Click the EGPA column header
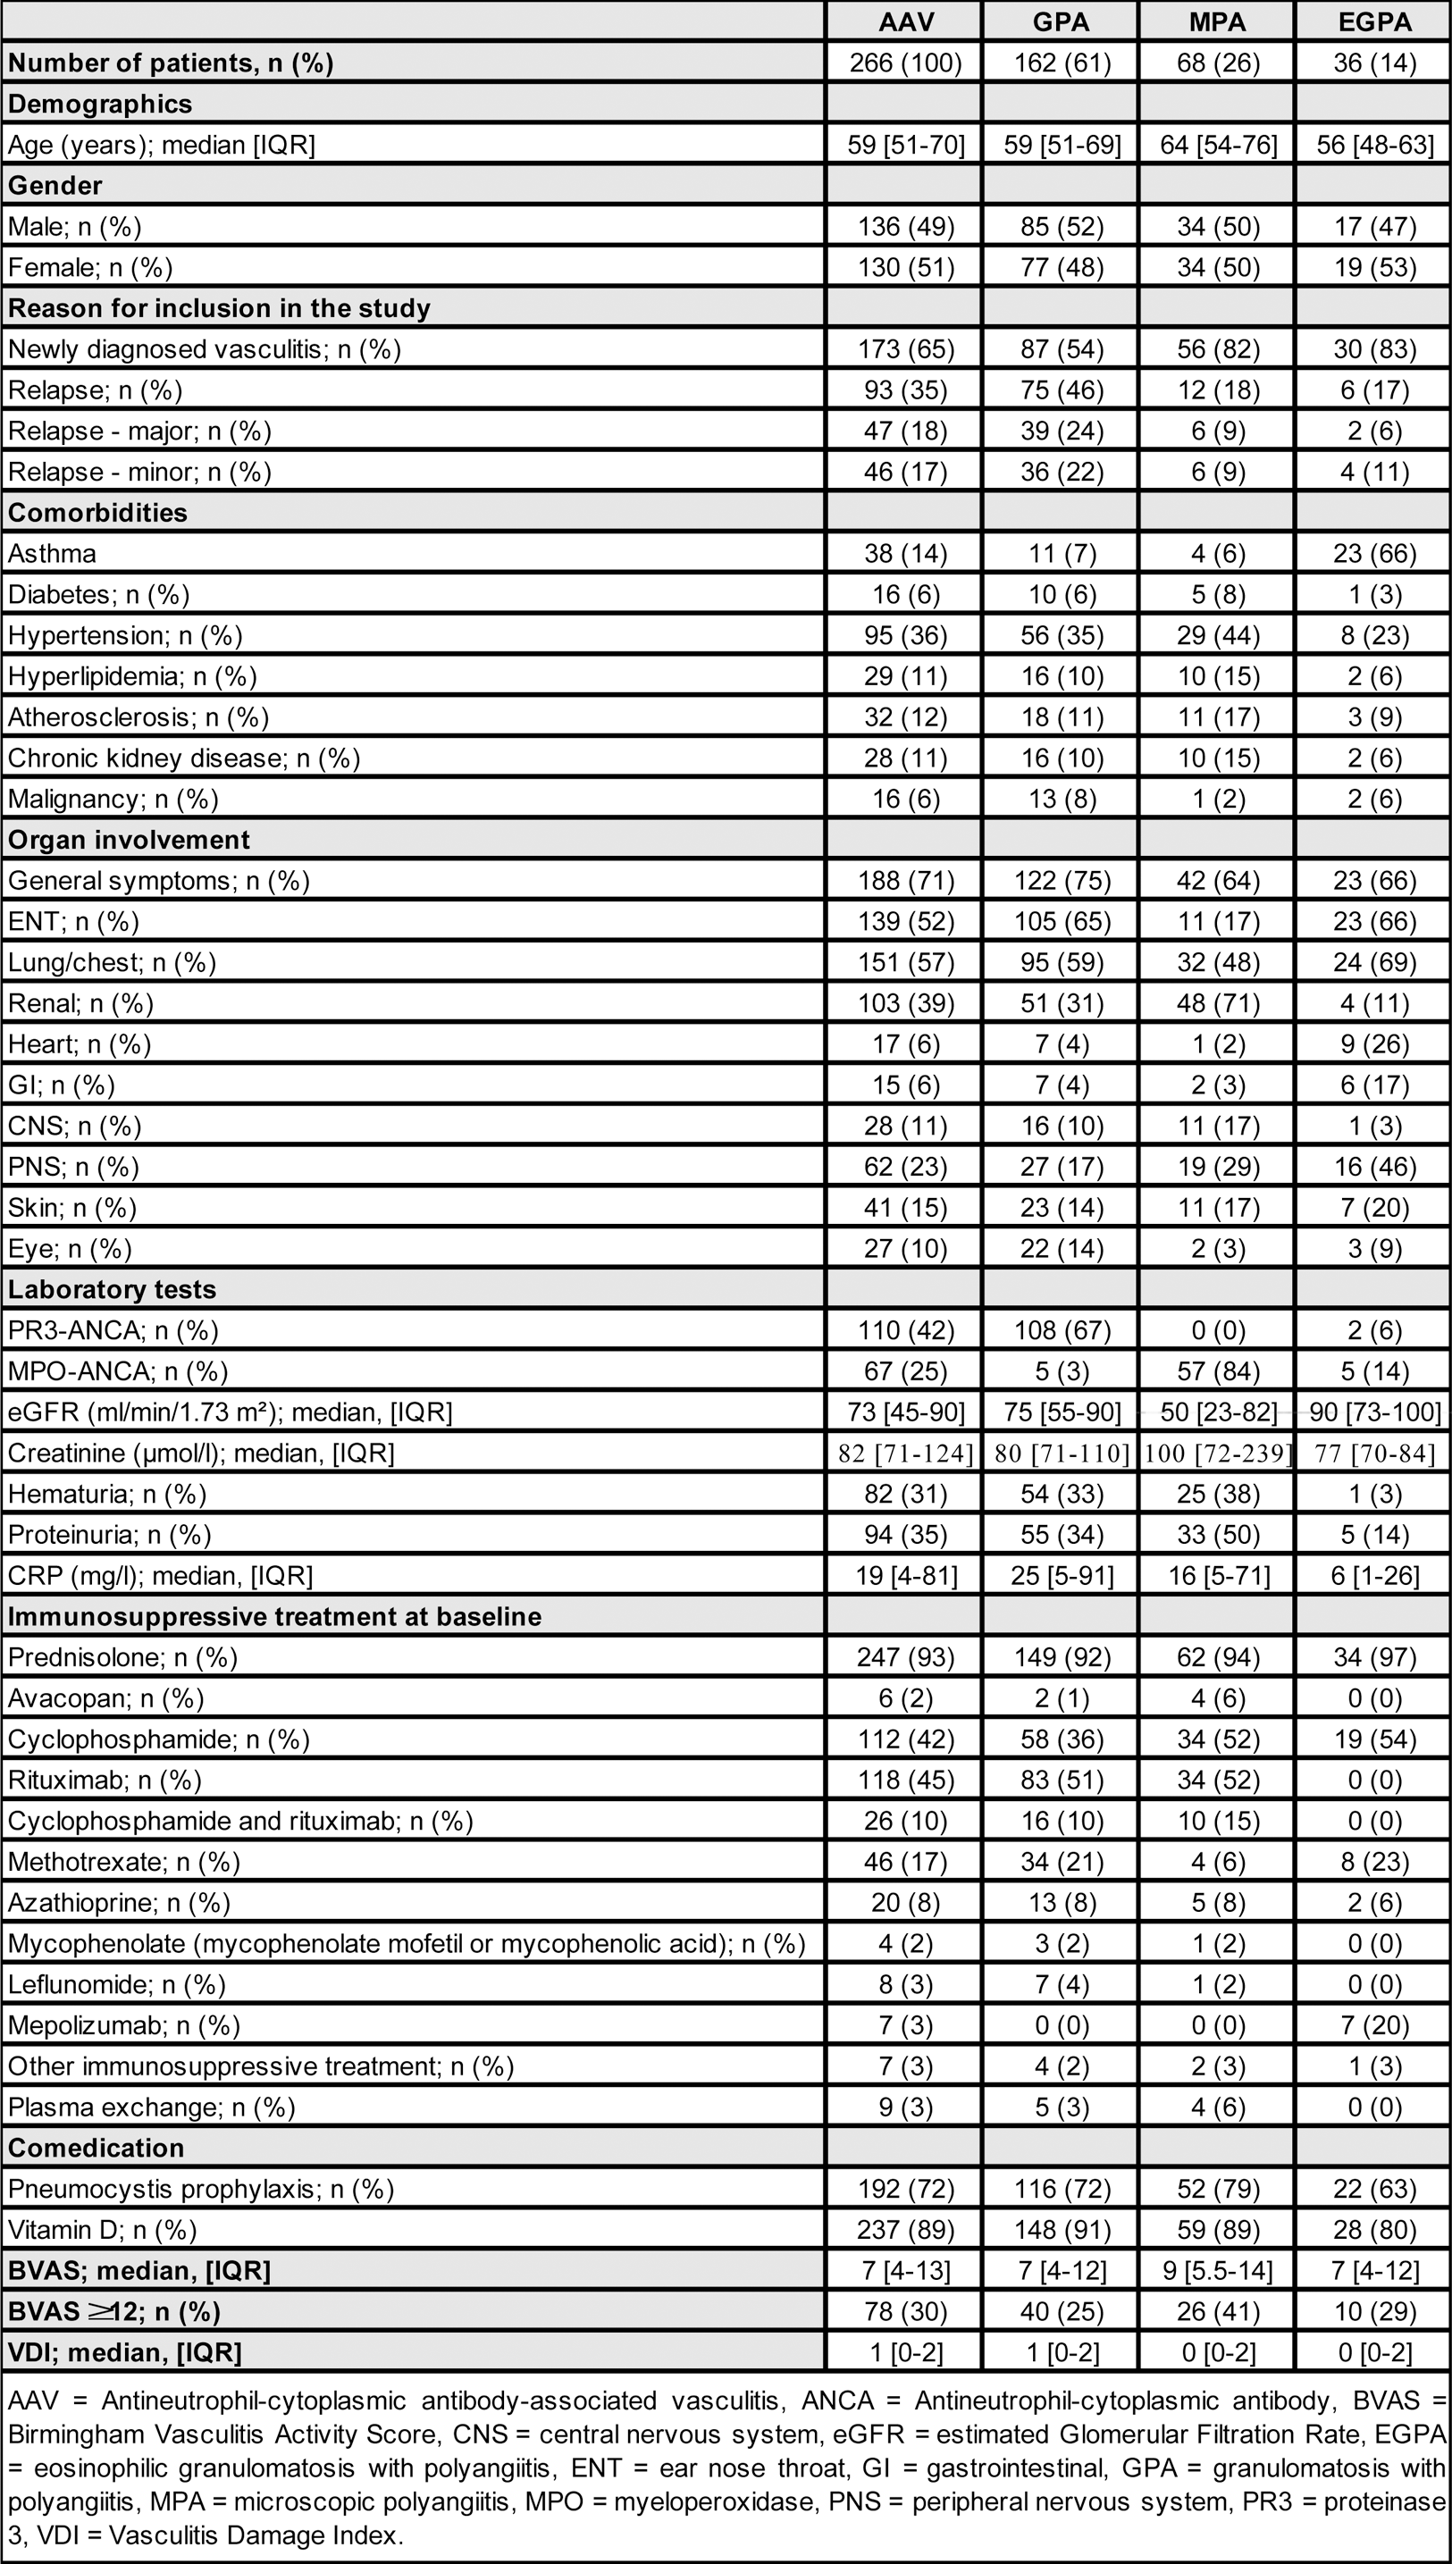pos(1373,21)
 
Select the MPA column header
pos(1217,21)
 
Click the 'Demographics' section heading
pos(100,104)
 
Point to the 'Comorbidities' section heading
pos(97,513)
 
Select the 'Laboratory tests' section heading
pos(112,1289)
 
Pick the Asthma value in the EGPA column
pos(1373,553)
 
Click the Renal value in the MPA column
pos(1217,1003)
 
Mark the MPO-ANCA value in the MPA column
pos(1217,1370)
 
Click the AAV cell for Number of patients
pos(904,63)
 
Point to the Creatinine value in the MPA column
pos(1217,1453)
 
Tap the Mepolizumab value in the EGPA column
pos(1373,2024)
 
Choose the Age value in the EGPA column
pos(1373,145)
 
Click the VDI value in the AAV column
pos(904,2351)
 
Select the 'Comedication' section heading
pos(96,2148)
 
